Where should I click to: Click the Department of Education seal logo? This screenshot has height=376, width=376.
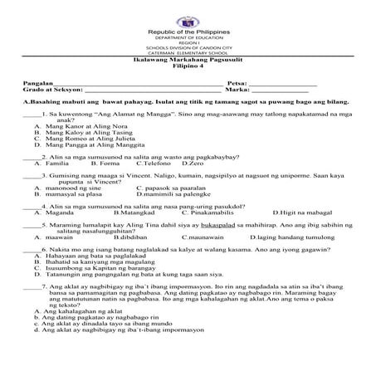pos(188,14)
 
